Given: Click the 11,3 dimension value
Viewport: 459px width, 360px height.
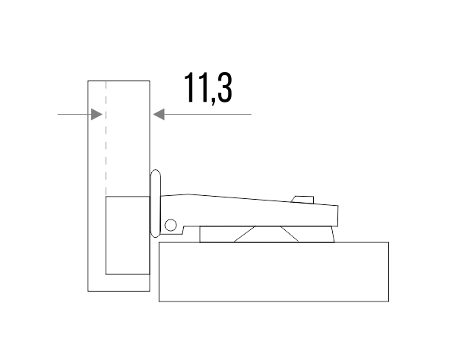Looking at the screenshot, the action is click(x=208, y=88).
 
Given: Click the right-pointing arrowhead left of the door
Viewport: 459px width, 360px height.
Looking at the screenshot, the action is click(x=97, y=114).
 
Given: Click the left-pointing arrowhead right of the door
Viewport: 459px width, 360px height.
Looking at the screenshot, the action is click(x=159, y=114).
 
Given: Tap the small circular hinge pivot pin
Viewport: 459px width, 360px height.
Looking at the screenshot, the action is click(x=171, y=225).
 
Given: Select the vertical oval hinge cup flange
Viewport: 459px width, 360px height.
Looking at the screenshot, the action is click(x=155, y=204).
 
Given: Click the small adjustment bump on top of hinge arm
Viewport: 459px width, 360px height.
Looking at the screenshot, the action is click(x=302, y=200).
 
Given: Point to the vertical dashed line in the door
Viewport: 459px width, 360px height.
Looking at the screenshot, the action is click(x=106, y=138).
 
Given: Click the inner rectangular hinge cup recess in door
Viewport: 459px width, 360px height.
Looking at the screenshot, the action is click(x=128, y=235).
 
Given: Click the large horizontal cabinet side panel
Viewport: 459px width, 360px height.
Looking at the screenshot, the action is click(x=274, y=272).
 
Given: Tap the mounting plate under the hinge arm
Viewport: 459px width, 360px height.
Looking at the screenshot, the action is click(x=267, y=234).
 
